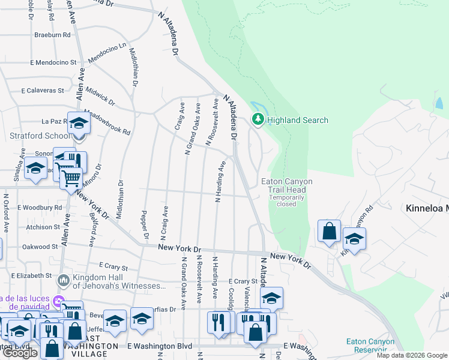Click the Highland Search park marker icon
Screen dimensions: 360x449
[258, 120]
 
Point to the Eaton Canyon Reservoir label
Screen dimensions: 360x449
[370, 346]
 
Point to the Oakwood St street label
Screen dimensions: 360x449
[40, 247]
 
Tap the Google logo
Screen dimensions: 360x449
[20, 353]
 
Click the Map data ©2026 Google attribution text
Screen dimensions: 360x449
[411, 355]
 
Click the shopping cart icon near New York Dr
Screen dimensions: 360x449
[71, 178]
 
